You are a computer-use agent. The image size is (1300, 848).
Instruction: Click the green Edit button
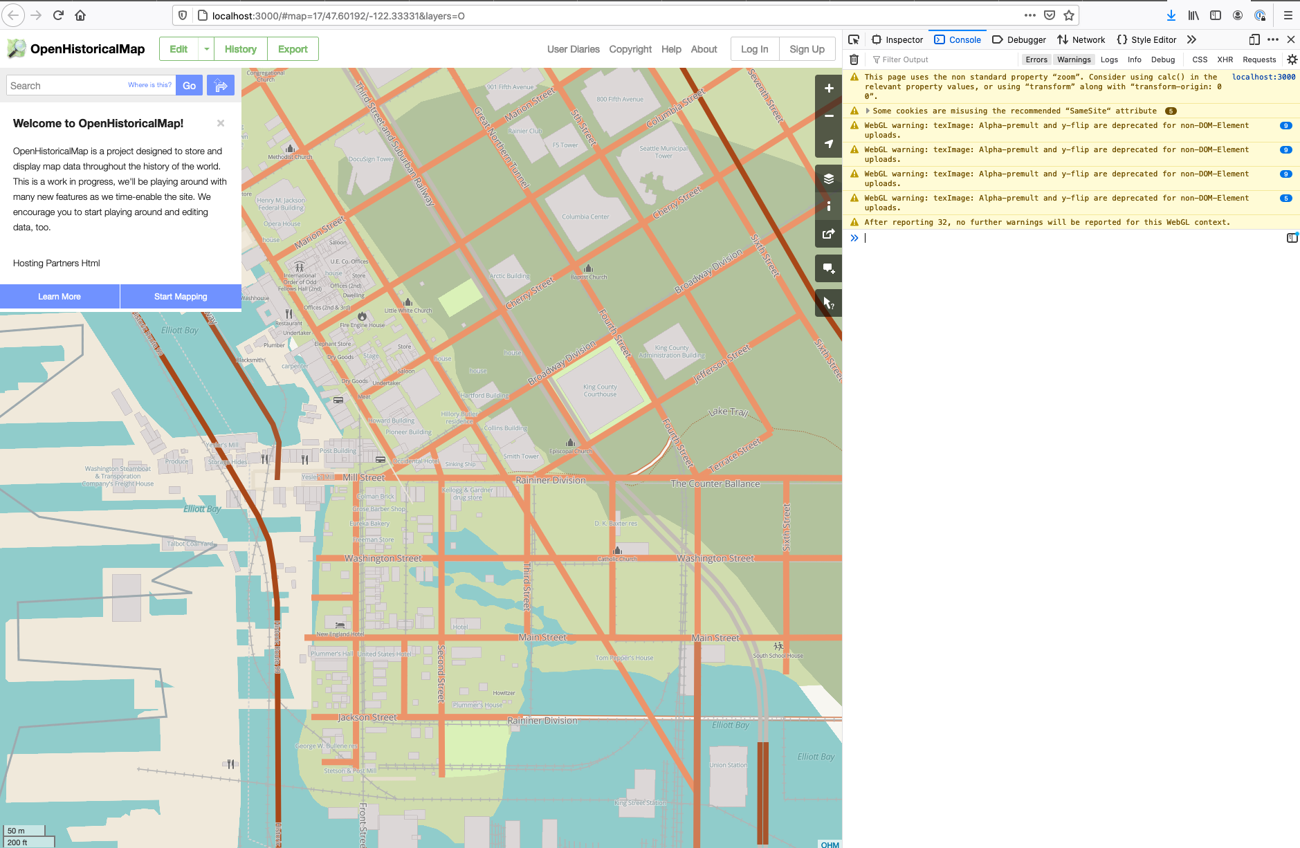(x=178, y=49)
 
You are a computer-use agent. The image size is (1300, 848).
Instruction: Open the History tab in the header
(x=240, y=49)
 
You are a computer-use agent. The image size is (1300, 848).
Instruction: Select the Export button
(x=293, y=49)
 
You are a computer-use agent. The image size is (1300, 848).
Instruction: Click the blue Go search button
(x=189, y=86)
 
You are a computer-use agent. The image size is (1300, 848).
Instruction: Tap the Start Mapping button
(x=181, y=297)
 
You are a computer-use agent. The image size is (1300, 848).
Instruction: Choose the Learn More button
(x=59, y=297)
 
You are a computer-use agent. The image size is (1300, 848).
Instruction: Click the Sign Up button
(x=807, y=49)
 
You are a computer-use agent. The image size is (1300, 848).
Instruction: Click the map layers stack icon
(x=828, y=178)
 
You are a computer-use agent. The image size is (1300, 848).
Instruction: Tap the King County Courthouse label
(x=600, y=391)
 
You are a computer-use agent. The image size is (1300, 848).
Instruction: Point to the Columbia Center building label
(x=585, y=216)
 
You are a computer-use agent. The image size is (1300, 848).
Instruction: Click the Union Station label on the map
(x=728, y=765)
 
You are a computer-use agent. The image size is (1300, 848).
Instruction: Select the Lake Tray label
(x=729, y=412)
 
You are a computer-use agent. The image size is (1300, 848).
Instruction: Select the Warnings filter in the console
(x=1074, y=59)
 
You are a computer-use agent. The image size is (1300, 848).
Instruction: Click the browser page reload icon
(x=58, y=15)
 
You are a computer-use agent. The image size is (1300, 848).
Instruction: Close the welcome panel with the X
(x=221, y=123)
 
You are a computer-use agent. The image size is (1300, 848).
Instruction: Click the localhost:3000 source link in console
(x=1263, y=77)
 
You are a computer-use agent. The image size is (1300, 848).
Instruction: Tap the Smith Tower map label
(x=521, y=457)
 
